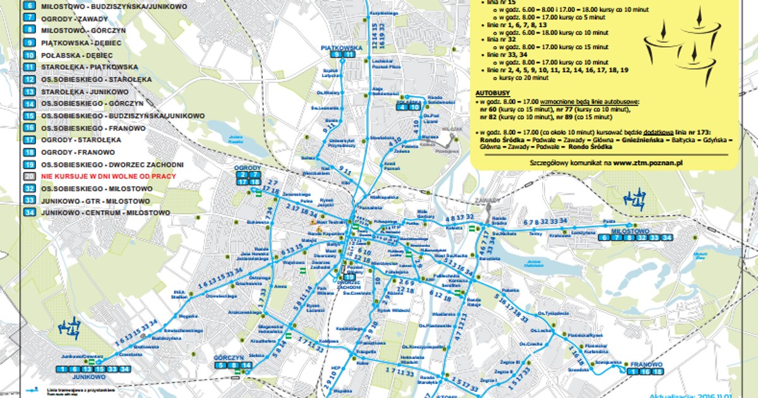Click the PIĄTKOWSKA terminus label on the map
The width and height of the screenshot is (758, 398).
click(x=341, y=47)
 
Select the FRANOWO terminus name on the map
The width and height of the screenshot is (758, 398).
click(x=645, y=365)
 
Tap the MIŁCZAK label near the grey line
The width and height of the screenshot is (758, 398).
click(x=450, y=128)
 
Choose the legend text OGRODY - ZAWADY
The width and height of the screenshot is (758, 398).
click(x=69, y=19)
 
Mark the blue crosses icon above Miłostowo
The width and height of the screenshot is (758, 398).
click(x=634, y=200)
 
